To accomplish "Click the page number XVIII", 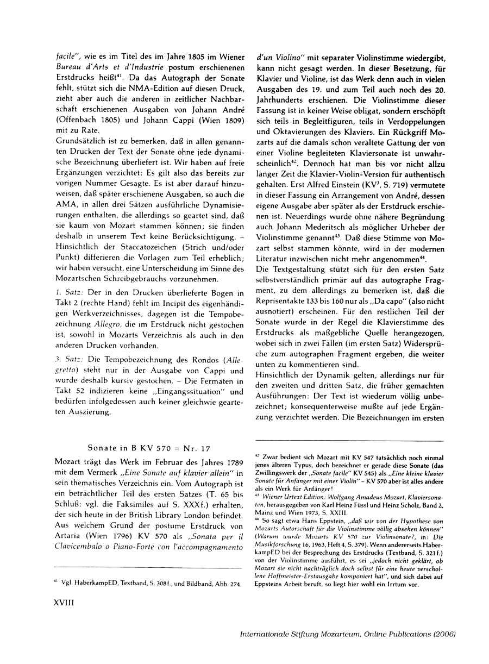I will tap(66, 616).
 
